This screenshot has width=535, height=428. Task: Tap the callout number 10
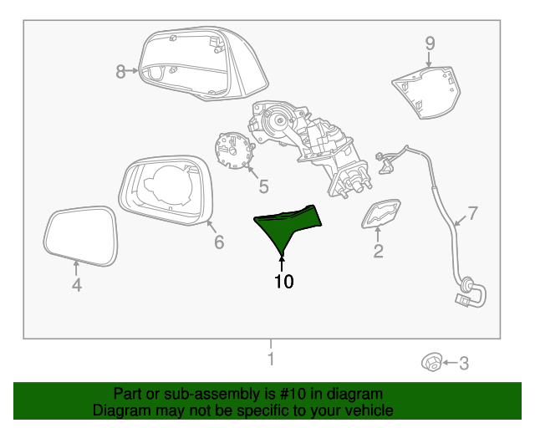283,282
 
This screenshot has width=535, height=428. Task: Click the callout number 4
76,286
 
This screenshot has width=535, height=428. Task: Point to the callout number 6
219,242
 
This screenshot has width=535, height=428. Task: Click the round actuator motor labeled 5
232,151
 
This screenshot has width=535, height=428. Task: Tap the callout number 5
262,185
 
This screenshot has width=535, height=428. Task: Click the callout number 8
120,72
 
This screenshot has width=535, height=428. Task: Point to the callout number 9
430,43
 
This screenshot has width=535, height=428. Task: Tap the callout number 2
378,251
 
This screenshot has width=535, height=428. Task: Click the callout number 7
472,213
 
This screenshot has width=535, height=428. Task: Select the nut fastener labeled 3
431,363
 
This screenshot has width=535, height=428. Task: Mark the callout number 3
465,363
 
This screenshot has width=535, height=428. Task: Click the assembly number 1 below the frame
270,359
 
